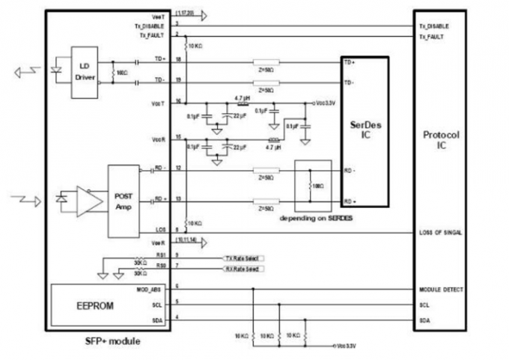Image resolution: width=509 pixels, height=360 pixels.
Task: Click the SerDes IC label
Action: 367,132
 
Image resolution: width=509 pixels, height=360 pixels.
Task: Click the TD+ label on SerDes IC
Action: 350,63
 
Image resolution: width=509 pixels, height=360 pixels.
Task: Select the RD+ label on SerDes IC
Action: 350,201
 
